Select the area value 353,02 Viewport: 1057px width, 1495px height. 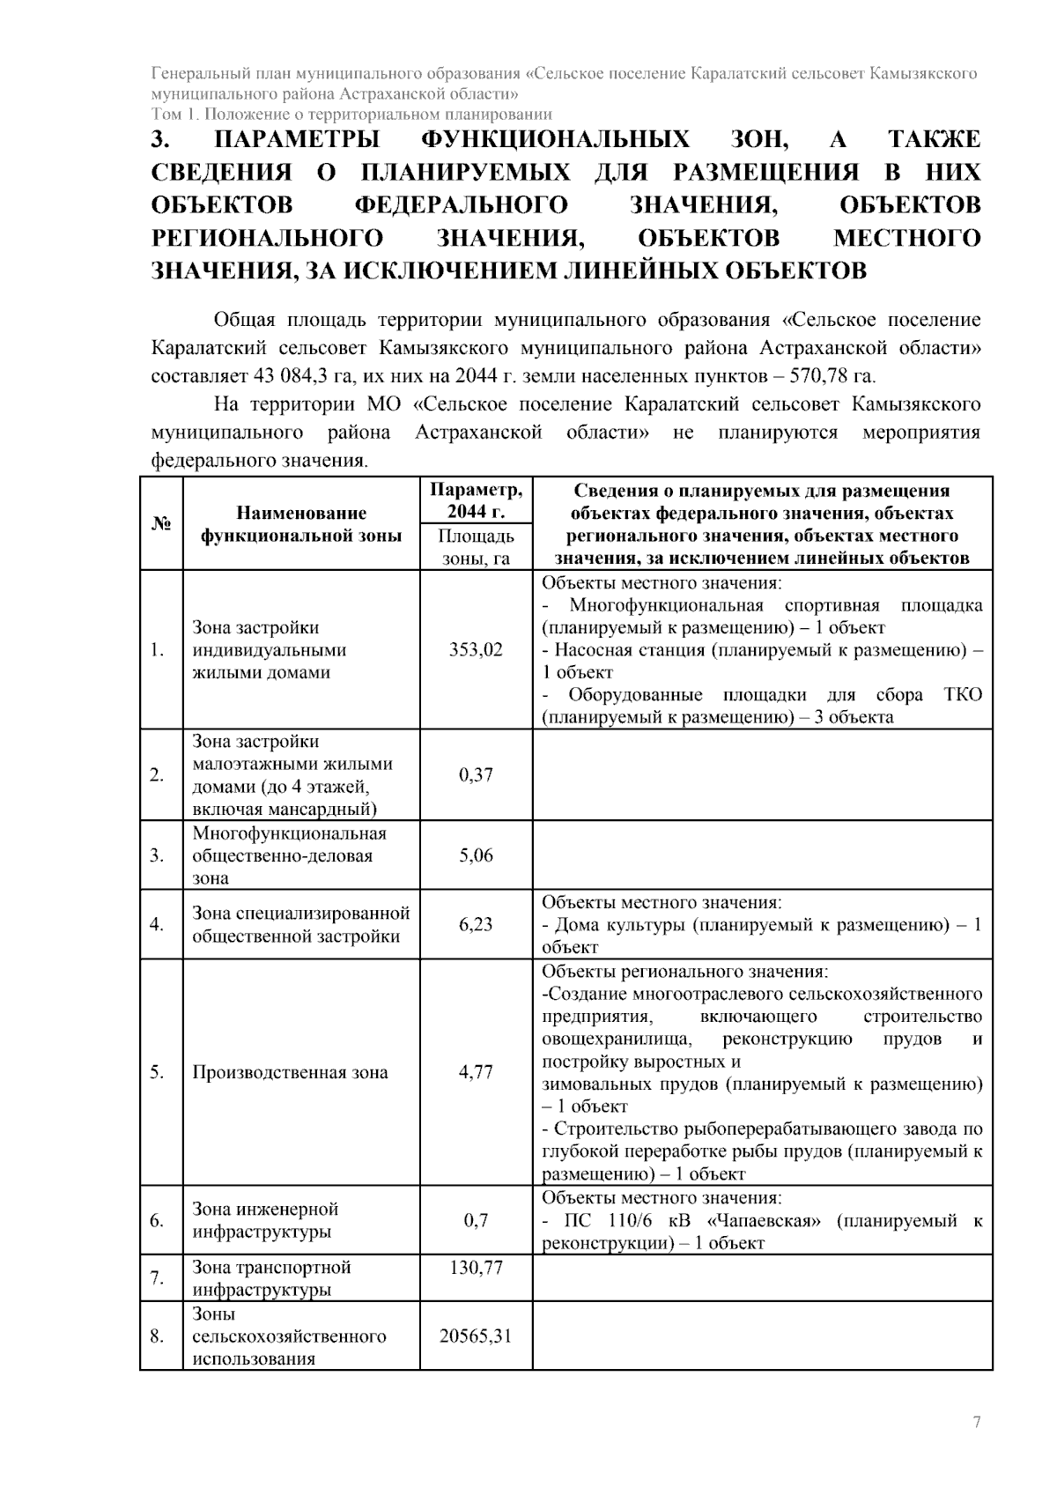(x=476, y=650)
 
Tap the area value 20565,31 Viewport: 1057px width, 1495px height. (x=476, y=1336)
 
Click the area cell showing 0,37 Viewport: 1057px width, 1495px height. (x=476, y=775)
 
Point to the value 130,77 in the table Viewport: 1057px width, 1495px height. (x=476, y=1267)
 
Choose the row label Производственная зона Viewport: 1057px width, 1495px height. (x=290, y=1072)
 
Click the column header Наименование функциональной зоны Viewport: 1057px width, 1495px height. (x=300, y=524)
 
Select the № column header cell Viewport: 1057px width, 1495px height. (x=160, y=524)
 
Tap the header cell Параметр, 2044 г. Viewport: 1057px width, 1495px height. (x=476, y=501)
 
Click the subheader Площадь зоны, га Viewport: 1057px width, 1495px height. (x=476, y=547)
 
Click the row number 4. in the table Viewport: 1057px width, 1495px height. (x=158, y=924)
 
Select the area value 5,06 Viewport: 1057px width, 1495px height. (x=476, y=855)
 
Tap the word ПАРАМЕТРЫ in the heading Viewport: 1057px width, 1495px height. (x=298, y=139)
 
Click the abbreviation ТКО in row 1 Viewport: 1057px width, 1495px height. (x=963, y=694)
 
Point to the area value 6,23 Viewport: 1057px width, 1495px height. (x=476, y=924)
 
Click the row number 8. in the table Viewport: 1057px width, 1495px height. (x=158, y=1336)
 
